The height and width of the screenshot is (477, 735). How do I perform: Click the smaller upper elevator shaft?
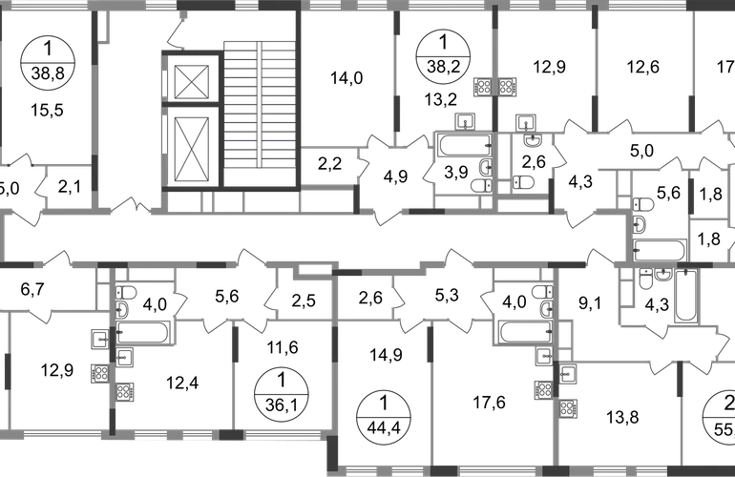coord(194,78)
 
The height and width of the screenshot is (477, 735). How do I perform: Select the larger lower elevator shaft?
coord(194,148)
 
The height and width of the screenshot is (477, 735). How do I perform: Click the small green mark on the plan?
coord(567,387)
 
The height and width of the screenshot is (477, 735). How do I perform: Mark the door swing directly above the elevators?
coord(175,36)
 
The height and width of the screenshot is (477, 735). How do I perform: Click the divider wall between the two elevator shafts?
coord(194,107)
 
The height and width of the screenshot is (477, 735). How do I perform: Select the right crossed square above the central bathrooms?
coord(506,86)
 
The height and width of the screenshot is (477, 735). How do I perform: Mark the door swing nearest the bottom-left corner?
coord(40,316)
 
